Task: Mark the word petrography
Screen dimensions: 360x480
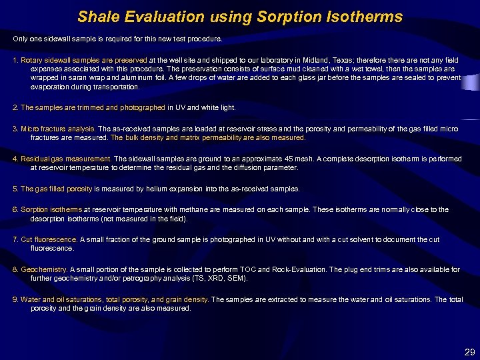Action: coord(141,278)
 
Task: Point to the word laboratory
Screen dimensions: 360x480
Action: coord(261,61)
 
